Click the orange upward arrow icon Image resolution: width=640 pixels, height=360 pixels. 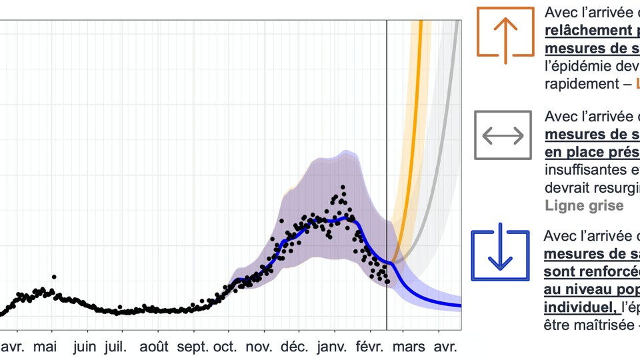tap(505, 32)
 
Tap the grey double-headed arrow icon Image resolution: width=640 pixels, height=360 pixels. tap(503, 135)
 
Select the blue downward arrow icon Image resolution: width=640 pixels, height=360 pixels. tap(500, 255)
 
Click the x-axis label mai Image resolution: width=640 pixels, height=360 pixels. tap(45, 347)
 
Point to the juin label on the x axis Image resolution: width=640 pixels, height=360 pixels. tap(85, 347)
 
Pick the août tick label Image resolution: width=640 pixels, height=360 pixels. tap(159, 347)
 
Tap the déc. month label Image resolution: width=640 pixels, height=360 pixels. tap(294, 347)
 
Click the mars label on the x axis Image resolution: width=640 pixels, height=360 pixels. tap(409, 347)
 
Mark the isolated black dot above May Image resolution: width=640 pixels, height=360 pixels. tap(53, 276)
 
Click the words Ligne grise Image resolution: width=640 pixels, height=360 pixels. tap(584, 205)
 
